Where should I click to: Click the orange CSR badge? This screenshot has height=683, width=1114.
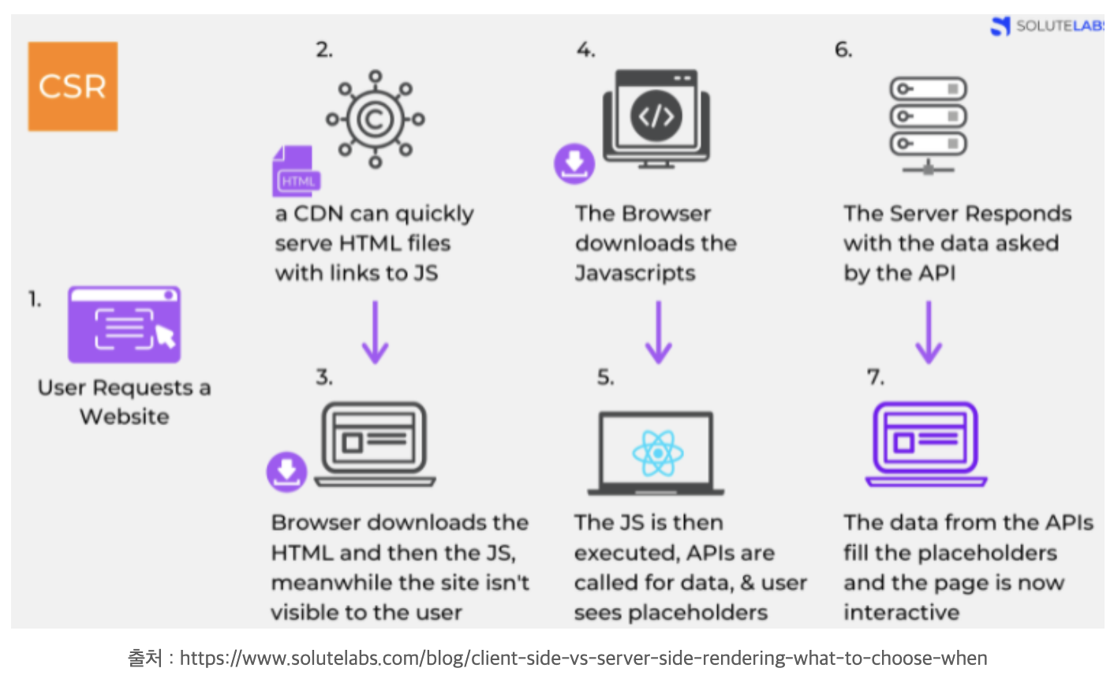tap(73, 86)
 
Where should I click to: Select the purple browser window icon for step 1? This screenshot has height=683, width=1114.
tap(124, 324)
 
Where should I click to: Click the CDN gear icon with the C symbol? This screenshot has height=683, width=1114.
tap(376, 119)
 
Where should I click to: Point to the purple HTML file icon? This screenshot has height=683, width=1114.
tap(296, 171)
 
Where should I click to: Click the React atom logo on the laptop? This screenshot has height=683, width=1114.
tap(657, 453)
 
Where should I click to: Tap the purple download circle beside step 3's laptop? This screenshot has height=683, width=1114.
tap(286, 471)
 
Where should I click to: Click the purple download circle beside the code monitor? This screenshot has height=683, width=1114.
tap(574, 163)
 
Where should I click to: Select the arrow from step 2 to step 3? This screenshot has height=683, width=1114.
tap(376, 331)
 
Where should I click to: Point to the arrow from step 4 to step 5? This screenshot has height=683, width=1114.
tap(658, 331)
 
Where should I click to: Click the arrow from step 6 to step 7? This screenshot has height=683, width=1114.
tap(929, 331)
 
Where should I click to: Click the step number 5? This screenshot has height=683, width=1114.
tap(605, 378)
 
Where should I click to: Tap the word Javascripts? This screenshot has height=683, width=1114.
tap(635, 273)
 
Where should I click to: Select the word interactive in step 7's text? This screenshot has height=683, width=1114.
tap(901, 612)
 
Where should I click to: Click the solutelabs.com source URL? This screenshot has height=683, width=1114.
tap(583, 658)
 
